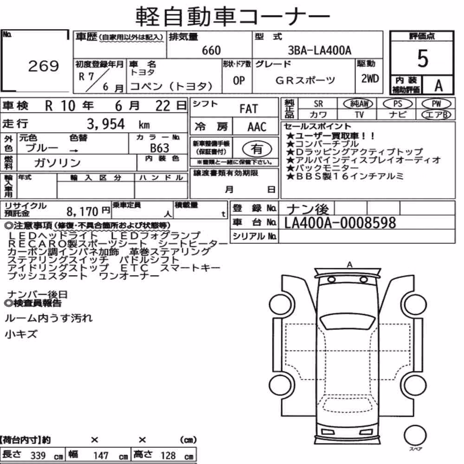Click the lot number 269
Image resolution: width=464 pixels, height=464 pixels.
tap(44, 66)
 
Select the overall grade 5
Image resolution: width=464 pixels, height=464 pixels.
tap(423, 58)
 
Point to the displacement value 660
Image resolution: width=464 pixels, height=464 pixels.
tap(211, 51)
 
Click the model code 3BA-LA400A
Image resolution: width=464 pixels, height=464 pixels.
tap(320, 51)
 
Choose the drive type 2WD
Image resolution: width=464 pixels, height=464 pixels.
tap(370, 79)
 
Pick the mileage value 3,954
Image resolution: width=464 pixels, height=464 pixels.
tap(106, 124)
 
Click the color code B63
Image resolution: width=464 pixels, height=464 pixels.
tap(160, 148)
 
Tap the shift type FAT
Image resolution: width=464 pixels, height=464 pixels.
tap(249, 109)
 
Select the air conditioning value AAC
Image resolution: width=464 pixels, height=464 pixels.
tap(257, 127)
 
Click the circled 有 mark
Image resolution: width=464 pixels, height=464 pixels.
tap(257, 149)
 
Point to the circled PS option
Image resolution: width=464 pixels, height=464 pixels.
tap(398, 103)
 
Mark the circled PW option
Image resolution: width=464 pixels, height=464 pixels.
tap(436, 103)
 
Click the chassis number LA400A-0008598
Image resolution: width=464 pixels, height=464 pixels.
tap(340, 223)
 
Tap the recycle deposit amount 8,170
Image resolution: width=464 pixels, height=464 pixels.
tap(82, 212)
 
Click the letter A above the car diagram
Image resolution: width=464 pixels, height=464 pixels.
tap(350, 264)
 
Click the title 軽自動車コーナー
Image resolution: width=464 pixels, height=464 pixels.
tap(233, 16)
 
